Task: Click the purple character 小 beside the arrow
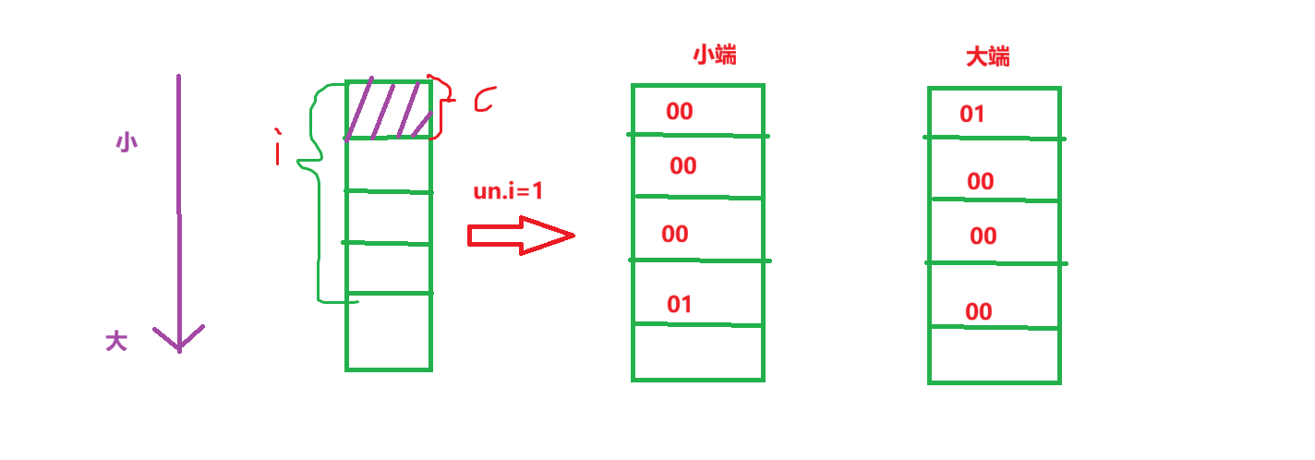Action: (x=127, y=143)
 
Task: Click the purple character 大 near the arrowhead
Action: (x=115, y=342)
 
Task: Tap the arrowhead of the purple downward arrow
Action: (x=178, y=339)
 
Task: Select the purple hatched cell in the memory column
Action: (x=389, y=110)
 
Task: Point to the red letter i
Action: (x=277, y=150)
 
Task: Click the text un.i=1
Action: (x=508, y=192)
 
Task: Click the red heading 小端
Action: (x=714, y=55)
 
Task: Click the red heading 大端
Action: (x=987, y=57)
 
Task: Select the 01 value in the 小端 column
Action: (x=679, y=304)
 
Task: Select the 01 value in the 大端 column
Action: (x=971, y=115)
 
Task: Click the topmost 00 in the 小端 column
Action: (x=679, y=112)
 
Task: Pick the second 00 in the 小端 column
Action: (x=682, y=166)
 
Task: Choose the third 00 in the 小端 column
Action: (x=674, y=235)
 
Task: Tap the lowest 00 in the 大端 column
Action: (x=978, y=312)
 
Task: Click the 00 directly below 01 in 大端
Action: (x=980, y=182)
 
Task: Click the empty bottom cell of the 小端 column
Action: (x=698, y=352)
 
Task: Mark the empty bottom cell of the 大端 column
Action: (x=994, y=356)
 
